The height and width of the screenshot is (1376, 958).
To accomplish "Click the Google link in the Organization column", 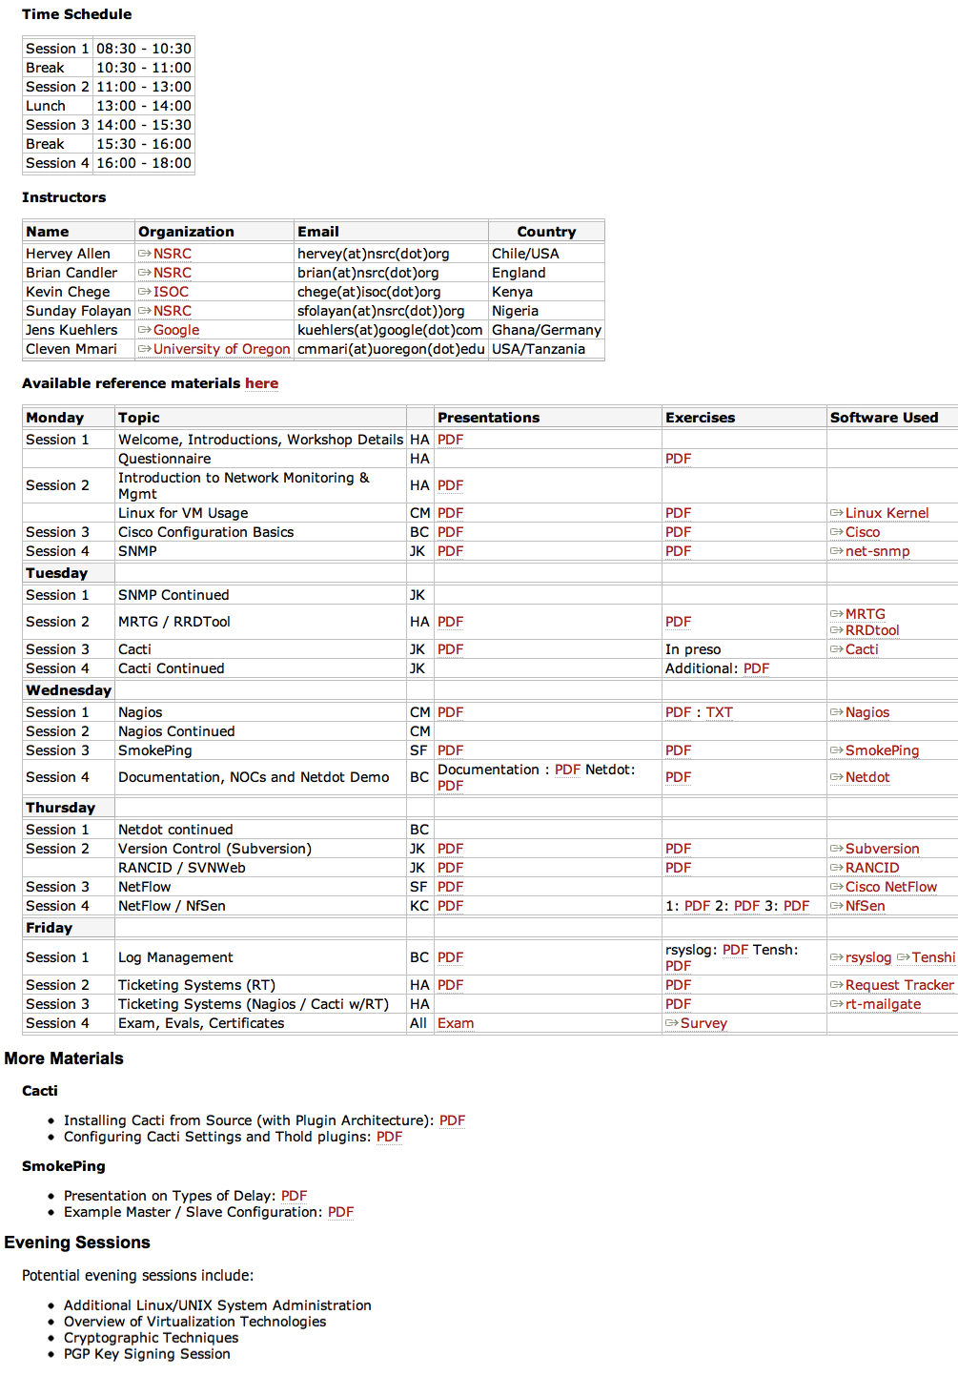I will click(x=176, y=330).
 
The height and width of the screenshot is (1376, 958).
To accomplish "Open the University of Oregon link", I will click(x=221, y=349).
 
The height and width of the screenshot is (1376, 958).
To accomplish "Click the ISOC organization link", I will click(x=171, y=292).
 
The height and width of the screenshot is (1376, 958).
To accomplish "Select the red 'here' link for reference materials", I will click(x=261, y=383).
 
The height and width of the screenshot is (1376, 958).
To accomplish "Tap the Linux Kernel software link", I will click(x=887, y=513).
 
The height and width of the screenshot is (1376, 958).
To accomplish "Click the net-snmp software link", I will click(x=877, y=551).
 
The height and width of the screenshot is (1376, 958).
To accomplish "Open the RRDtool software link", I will click(x=872, y=630).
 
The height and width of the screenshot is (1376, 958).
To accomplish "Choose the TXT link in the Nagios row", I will click(x=719, y=712).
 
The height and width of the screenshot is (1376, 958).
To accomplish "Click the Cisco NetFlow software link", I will click(x=890, y=887).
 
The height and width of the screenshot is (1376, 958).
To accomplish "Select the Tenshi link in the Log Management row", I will click(x=932, y=957).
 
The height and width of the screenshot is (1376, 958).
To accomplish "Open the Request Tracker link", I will click(x=899, y=985).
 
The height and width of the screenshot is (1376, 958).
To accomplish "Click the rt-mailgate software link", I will click(x=883, y=1004).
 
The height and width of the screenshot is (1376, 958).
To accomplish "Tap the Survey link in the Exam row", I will click(x=703, y=1023).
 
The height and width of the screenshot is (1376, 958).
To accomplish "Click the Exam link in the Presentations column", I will click(x=456, y=1023).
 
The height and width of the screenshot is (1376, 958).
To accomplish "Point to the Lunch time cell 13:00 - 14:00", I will click(x=144, y=106).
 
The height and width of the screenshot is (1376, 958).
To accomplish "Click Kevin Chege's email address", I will click(x=369, y=292).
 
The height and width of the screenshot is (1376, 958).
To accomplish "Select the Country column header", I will click(x=546, y=232).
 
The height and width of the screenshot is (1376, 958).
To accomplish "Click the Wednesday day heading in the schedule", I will click(x=69, y=690).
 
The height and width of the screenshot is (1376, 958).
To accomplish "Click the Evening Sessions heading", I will click(x=77, y=1243).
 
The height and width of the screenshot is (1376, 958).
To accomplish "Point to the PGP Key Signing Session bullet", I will click(x=147, y=1354).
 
